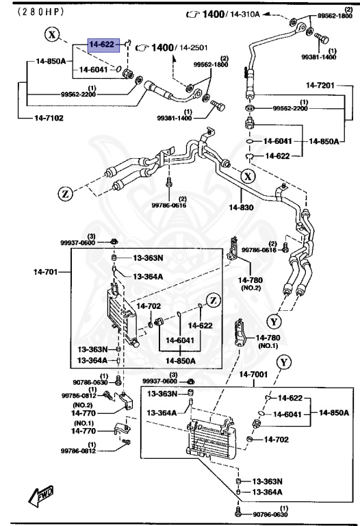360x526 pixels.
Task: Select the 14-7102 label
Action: click(49, 118)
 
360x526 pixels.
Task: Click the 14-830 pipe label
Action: click(241, 207)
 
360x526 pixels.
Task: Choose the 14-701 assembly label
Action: click(47, 272)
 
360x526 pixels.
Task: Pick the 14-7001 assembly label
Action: click(258, 375)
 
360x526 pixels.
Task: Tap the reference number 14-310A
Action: click(245, 14)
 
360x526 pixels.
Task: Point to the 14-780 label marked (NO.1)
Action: click(270, 338)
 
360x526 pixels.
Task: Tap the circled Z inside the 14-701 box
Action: click(213, 299)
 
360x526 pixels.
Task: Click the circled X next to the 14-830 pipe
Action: click(246, 177)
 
